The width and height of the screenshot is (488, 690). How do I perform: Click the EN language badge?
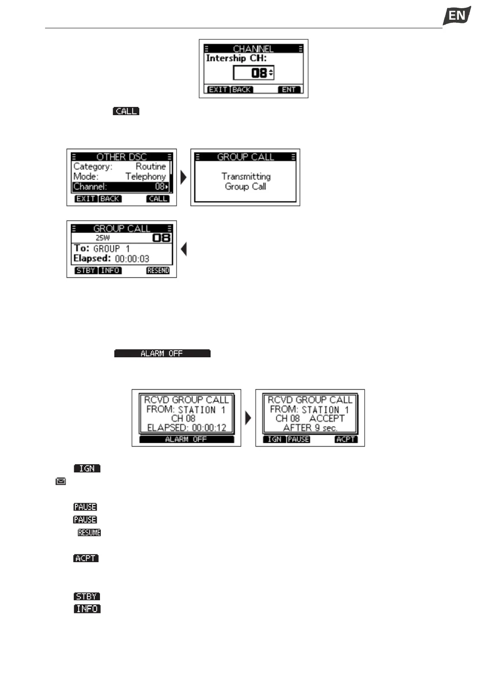point(456,16)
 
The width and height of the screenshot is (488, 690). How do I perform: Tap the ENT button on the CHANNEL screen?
point(289,90)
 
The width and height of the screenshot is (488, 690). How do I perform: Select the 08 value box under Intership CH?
point(254,73)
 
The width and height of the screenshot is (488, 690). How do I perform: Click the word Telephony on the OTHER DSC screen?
point(145,177)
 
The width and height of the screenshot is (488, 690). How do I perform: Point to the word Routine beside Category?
point(151,167)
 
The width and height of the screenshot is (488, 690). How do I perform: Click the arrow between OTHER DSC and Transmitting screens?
point(184,177)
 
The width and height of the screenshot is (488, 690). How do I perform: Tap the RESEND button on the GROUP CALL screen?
point(158,271)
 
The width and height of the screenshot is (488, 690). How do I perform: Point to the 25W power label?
point(103,238)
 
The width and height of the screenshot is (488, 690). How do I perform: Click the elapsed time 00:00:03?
point(132,259)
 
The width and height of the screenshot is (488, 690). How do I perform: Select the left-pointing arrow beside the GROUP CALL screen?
point(184,249)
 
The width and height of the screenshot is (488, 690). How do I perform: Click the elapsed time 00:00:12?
point(209,428)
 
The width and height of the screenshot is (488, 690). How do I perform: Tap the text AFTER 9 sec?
point(310,428)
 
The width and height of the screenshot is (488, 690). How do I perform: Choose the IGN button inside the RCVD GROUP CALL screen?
point(275,439)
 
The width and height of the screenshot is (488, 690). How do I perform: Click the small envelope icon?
point(61,481)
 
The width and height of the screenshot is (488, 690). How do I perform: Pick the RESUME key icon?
point(89,533)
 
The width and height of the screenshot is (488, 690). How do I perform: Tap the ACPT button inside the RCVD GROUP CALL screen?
point(346,439)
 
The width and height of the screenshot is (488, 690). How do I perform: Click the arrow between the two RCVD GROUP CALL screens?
point(248,418)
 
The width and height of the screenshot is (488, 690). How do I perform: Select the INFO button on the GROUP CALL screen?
point(110,271)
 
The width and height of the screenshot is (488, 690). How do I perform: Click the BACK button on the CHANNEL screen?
point(242,90)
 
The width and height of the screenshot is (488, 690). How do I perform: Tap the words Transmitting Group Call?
point(246,182)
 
